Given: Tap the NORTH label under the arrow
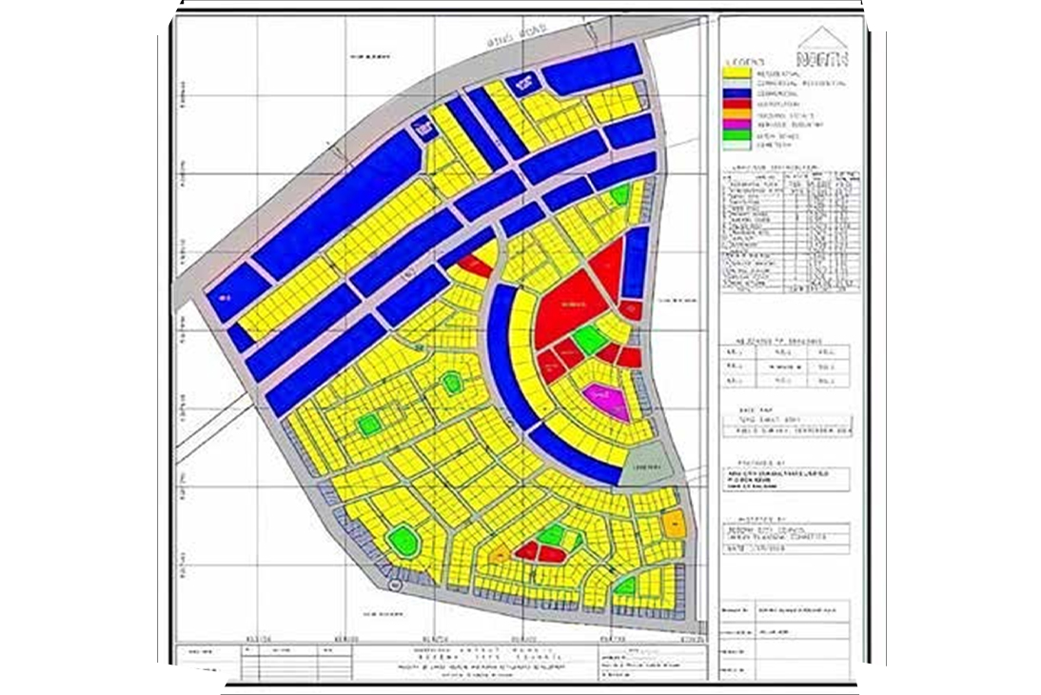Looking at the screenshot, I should pos(825,58).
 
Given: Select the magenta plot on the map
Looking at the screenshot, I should pos(606,400).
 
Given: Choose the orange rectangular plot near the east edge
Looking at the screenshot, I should pos(674,522).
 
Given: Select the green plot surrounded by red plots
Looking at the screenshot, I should pos(590,339).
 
